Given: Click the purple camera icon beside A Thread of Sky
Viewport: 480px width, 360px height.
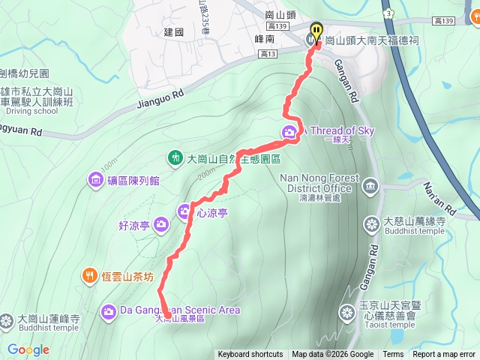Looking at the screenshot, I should pyautogui.click(x=289, y=133).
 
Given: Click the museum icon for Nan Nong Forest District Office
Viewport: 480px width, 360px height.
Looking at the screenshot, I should pyautogui.click(x=370, y=184).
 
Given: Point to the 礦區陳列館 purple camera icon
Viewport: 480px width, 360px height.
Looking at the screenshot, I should pyautogui.click(x=96, y=179).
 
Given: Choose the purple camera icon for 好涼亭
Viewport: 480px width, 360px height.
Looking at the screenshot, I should pyautogui.click(x=160, y=224).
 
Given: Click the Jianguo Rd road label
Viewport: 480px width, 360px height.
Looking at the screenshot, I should pyautogui.click(x=160, y=102).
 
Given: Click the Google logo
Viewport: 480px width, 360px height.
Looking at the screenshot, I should pyautogui.click(x=28, y=349).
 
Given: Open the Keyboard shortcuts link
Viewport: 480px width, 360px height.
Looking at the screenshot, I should pyautogui.click(x=250, y=355).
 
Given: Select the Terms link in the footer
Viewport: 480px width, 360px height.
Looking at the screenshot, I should pyautogui.click(x=393, y=355).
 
